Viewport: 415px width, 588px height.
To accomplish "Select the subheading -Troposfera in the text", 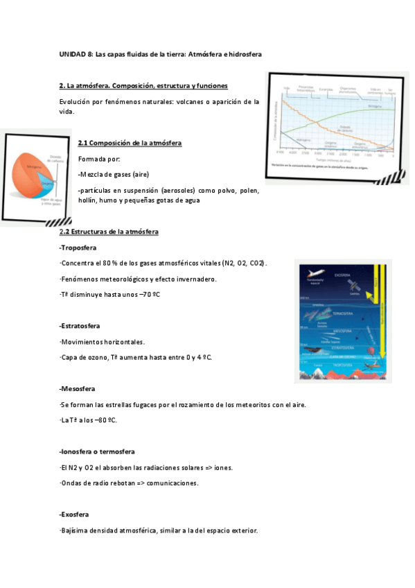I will coord(78,248).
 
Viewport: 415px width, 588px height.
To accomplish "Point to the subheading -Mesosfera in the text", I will coord(77,388).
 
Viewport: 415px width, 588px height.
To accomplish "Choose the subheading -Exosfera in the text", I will coord(76,514).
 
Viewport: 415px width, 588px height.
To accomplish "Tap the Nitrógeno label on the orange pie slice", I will coord(34,167).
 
